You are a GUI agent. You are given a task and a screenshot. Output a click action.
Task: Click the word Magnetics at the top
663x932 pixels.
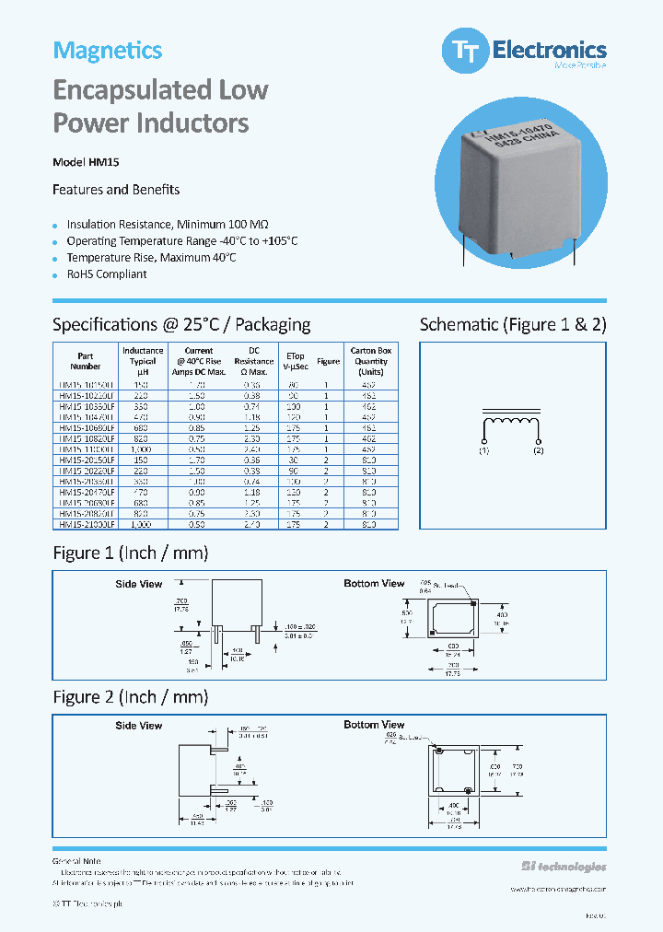click(107, 51)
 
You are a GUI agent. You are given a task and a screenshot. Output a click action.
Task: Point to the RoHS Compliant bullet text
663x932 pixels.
click(106, 274)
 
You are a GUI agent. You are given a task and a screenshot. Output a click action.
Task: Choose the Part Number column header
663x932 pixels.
click(86, 361)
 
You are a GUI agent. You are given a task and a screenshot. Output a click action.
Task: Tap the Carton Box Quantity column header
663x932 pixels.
click(370, 361)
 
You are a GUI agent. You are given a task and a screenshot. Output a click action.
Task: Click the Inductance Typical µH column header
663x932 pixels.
click(143, 361)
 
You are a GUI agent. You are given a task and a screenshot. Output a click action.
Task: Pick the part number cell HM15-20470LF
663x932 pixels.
click(86, 493)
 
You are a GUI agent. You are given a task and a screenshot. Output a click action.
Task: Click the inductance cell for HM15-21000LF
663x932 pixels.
click(143, 524)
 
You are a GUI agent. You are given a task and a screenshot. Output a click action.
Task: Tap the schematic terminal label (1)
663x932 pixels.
click(484, 450)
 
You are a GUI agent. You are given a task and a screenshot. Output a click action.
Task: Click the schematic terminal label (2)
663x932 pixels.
click(539, 450)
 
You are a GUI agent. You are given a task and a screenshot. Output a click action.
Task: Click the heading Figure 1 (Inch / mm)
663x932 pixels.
click(131, 553)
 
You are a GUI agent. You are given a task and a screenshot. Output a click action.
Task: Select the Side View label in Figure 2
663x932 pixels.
click(139, 726)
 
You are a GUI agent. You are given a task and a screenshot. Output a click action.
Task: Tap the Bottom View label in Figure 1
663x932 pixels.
click(374, 584)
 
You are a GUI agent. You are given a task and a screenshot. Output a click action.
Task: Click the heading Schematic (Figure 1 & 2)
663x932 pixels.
click(513, 324)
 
